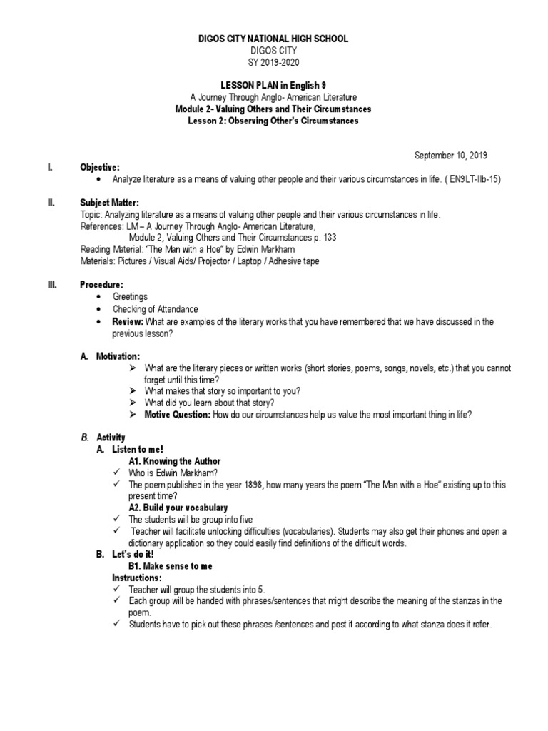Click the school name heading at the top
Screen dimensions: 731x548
[273, 39]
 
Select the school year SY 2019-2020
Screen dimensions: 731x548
[273, 61]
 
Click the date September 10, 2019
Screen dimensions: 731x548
[452, 155]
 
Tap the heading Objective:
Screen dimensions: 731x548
[100, 166]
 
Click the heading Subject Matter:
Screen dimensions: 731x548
[109, 203]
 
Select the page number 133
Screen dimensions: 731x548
[329, 237]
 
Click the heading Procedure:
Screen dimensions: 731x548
[103, 284]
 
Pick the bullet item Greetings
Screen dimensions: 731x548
[130, 296]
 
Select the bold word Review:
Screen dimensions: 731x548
[128, 322]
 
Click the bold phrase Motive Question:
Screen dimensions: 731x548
[177, 414]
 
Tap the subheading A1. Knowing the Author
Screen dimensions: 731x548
[175, 460]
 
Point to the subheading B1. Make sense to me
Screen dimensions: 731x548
[171, 565]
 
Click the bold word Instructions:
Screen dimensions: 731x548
[137, 577]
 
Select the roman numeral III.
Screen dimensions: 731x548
[51, 284]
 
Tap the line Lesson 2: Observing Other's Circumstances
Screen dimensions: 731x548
[273, 121]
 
